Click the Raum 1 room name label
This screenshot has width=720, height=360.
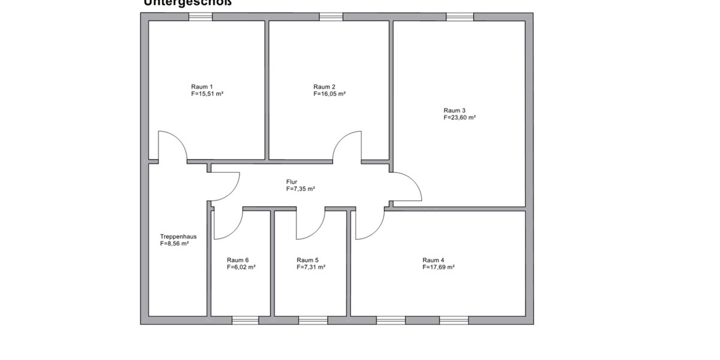[x=202, y=86]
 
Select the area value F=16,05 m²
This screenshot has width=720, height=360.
[x=329, y=94]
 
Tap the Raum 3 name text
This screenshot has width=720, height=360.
[x=454, y=110]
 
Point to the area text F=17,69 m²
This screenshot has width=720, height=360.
[x=438, y=268]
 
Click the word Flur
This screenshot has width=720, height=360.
[x=292, y=181]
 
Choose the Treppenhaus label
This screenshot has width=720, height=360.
[x=178, y=236]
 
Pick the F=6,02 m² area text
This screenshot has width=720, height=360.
[x=241, y=268]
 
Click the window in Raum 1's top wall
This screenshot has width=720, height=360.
[x=200, y=17]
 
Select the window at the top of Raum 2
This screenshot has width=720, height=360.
[x=331, y=17]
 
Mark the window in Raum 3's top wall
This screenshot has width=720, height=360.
[x=460, y=17]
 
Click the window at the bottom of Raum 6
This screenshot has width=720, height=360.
[x=245, y=320]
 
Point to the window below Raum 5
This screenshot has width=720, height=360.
[x=313, y=320]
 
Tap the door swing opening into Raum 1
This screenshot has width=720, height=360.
[x=172, y=146]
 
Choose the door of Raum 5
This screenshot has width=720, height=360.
[x=310, y=224]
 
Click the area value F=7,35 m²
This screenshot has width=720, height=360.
[x=301, y=188]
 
